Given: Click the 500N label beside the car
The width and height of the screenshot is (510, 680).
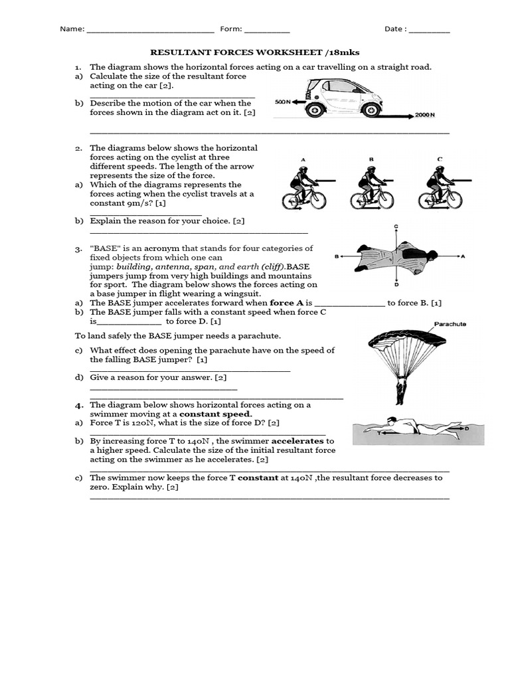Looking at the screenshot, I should coord(283,102).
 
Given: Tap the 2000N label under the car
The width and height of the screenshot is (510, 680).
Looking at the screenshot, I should coord(425,115).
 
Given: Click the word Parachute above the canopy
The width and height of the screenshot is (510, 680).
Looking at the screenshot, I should coord(450,324).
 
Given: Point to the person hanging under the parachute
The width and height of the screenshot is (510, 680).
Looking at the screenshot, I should coord(401,390).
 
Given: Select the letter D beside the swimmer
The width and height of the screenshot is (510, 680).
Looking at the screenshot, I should coord(467,429).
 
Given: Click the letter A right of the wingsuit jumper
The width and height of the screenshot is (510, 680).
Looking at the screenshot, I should coord(463,256).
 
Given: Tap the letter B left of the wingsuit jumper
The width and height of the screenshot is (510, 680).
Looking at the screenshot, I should coord(337,256).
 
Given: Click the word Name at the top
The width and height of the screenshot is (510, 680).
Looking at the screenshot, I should coord(72,29).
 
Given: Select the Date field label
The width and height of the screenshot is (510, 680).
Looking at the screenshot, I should coord(396,29).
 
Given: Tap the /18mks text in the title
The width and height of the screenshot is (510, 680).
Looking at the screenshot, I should coord(341,51).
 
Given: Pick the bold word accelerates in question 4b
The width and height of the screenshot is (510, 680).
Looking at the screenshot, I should coord(297,441).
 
